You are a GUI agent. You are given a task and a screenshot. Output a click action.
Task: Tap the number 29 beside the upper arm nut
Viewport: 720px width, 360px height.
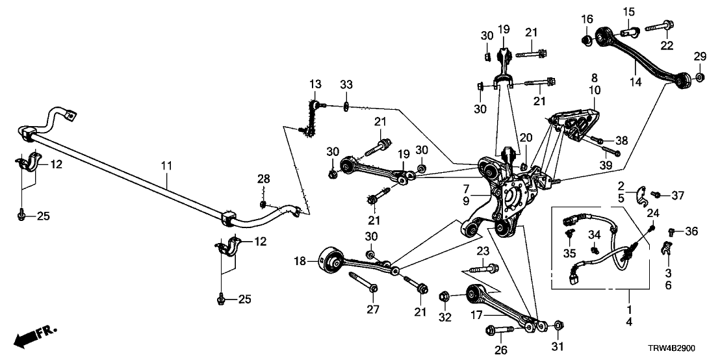point(699,58)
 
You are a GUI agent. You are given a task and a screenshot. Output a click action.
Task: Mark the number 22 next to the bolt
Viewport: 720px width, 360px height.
point(667,45)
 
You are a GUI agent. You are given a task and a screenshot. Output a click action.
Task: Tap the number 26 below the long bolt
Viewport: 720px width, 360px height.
point(498,350)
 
